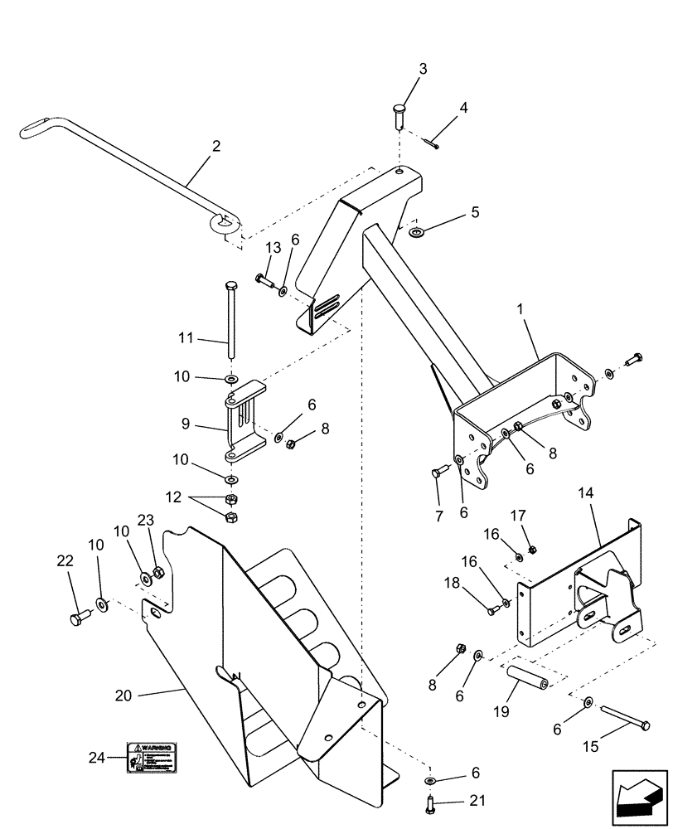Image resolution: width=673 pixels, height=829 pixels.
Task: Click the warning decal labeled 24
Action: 153,757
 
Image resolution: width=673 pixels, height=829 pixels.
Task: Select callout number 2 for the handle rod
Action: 216,147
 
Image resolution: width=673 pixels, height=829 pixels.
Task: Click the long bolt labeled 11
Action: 229,318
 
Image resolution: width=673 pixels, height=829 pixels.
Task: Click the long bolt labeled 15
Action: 622,717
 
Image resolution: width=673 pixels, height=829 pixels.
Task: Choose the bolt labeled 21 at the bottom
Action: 430,802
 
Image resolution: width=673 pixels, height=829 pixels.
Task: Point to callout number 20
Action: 123,696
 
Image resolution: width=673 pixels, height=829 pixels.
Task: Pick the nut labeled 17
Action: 533,549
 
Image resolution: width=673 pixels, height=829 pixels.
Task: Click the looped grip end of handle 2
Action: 36,130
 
